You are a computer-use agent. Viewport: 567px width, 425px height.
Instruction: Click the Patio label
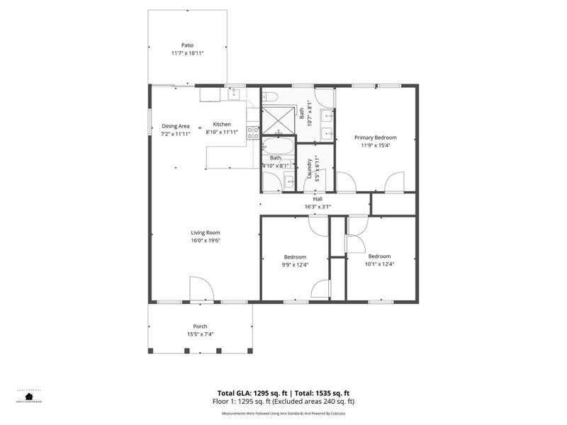coord(187,45)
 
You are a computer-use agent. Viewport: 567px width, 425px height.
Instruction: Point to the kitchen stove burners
coord(252,132)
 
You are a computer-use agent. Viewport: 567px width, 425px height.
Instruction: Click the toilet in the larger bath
coord(269,96)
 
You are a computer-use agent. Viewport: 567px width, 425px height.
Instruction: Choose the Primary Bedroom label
coord(376,137)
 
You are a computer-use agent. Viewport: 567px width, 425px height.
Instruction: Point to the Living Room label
coord(205,232)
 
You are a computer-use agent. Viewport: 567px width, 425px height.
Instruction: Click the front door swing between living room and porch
coord(201,289)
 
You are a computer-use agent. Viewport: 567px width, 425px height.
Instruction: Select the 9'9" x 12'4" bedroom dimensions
coord(295,264)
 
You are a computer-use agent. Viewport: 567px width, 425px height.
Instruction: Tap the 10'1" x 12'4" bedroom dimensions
coord(379,263)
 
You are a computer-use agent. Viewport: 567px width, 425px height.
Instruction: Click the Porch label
coord(201,326)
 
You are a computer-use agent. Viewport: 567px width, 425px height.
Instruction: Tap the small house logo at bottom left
coord(29,396)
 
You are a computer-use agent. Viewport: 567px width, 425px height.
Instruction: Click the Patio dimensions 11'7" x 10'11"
coord(187,54)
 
